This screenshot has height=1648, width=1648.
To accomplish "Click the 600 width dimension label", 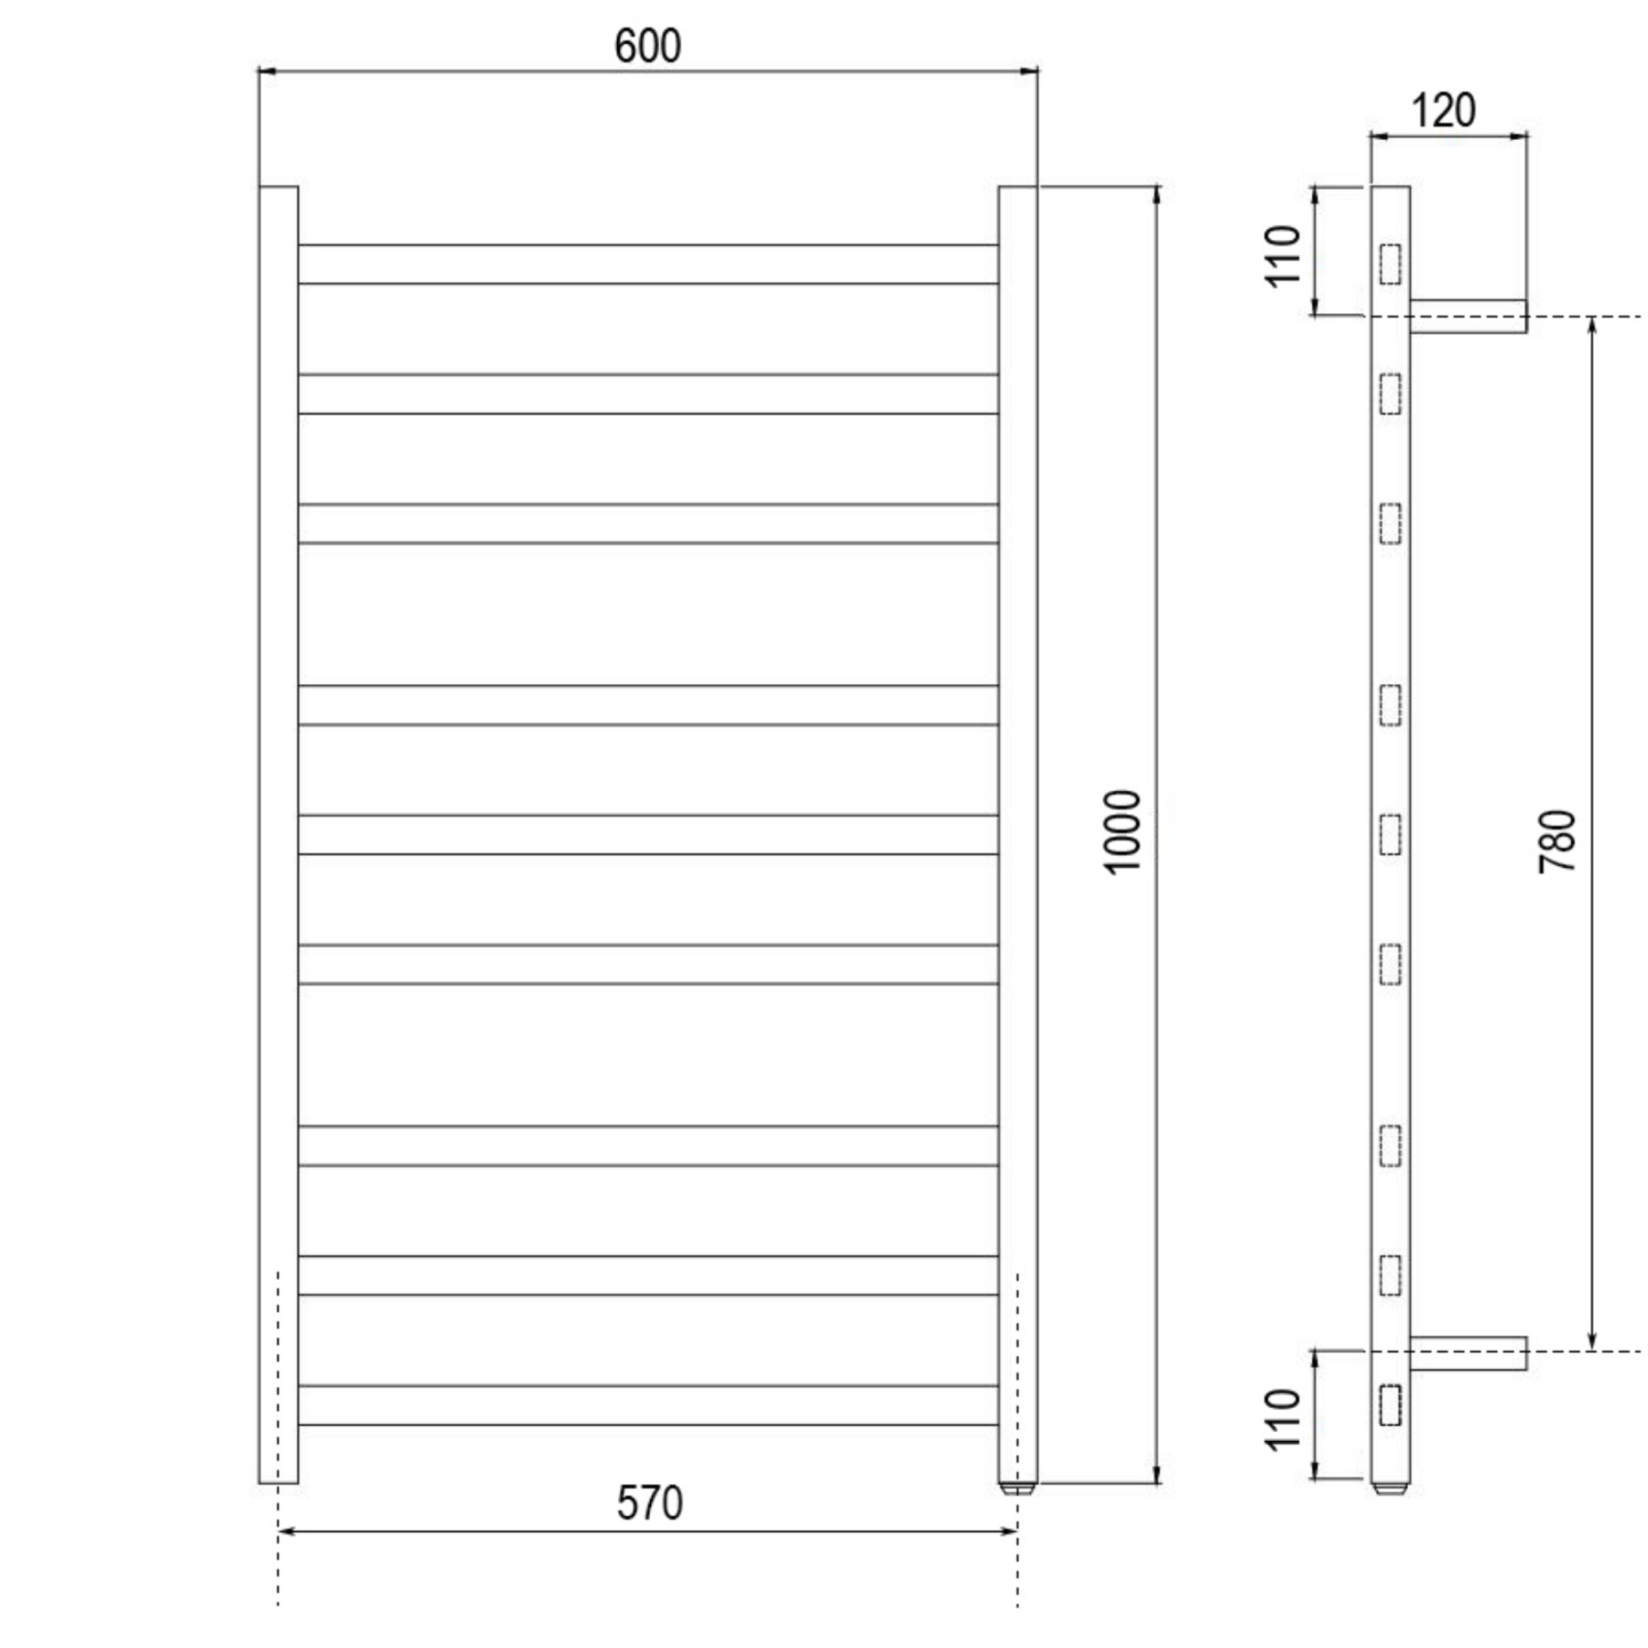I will point(647,47).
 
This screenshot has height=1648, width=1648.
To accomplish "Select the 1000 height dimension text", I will point(1122,832).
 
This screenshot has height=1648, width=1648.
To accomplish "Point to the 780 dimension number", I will point(1557,840).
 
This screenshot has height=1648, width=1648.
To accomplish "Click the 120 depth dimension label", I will point(1443,111).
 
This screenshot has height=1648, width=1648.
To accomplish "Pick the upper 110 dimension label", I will point(1284,256).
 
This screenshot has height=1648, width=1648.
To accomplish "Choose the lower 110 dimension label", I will point(1284,1419).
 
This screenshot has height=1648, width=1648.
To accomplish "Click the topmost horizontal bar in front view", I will point(647,264).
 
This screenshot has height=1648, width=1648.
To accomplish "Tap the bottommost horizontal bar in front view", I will point(647,1405).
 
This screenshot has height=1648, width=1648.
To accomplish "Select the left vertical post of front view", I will point(278,824).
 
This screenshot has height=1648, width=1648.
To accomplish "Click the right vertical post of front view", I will point(1017,824).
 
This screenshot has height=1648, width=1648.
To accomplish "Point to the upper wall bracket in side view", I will point(1468,316).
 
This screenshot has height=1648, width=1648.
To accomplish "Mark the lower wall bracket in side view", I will point(1468,1353).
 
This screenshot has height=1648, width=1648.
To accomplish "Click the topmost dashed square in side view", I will point(1390,264).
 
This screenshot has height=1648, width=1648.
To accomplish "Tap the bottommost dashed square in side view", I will point(1390,1405).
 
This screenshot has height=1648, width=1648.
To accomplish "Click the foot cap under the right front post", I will point(1017,1489).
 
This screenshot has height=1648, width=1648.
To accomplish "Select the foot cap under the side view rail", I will point(1390,1489).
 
